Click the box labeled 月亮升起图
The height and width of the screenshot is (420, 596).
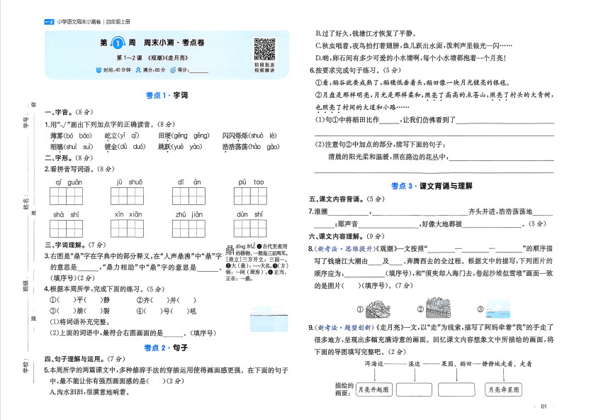point(373,389)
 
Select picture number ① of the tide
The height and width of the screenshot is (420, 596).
point(378,309)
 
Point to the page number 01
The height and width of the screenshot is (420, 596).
point(544,407)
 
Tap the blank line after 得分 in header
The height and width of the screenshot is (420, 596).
point(198,70)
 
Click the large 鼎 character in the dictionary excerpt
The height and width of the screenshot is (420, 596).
point(230,248)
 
